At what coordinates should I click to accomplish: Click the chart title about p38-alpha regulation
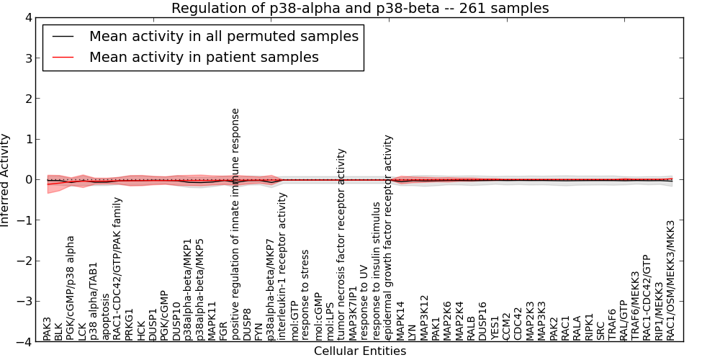359,8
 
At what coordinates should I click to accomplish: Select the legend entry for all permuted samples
223,36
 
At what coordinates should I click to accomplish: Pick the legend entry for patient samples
204,57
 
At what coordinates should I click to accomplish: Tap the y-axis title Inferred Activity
6,180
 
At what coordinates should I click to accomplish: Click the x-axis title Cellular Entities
359,351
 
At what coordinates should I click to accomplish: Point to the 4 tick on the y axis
28,18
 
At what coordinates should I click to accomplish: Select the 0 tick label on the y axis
28,180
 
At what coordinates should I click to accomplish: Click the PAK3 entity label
48,328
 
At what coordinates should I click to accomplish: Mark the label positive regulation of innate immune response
235,224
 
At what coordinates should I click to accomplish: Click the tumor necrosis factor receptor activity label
341,244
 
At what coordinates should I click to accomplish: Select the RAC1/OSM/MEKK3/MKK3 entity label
670,280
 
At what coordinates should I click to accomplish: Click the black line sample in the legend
63,36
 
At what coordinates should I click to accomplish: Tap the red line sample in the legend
63,57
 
